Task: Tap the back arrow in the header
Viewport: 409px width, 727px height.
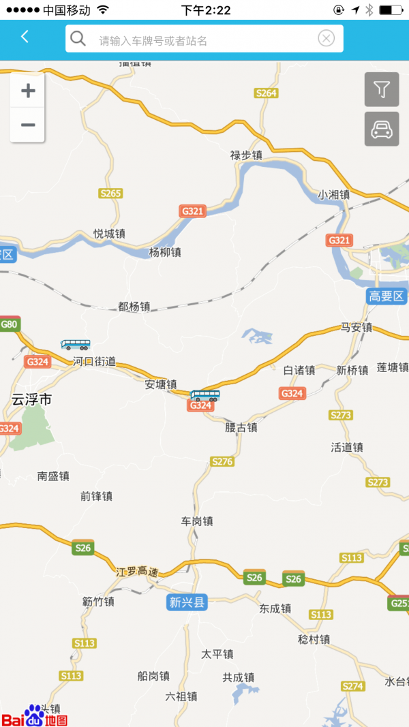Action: (25, 37)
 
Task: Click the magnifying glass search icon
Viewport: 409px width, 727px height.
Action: (78, 39)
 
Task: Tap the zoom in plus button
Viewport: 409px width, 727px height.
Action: (28, 91)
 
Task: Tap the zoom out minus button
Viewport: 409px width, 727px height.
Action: (28, 125)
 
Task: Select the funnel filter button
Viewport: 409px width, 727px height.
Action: (382, 89)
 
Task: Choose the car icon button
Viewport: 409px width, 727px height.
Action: (382, 128)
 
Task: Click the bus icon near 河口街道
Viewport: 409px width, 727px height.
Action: (76, 344)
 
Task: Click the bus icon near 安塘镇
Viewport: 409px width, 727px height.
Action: (204, 395)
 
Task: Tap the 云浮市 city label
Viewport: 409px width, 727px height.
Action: (31, 400)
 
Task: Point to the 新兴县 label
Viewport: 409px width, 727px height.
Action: (187, 602)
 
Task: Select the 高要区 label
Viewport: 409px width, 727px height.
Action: (387, 296)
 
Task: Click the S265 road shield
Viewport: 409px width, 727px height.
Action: (110, 194)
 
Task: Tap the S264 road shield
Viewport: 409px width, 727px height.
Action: (267, 93)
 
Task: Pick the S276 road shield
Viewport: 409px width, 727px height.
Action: (222, 462)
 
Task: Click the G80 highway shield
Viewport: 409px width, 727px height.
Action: (9, 324)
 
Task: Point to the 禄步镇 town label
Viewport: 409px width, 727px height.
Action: (246, 155)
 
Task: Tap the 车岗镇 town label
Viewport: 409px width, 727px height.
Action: (197, 521)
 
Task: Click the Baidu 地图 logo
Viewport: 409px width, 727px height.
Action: (34, 717)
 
